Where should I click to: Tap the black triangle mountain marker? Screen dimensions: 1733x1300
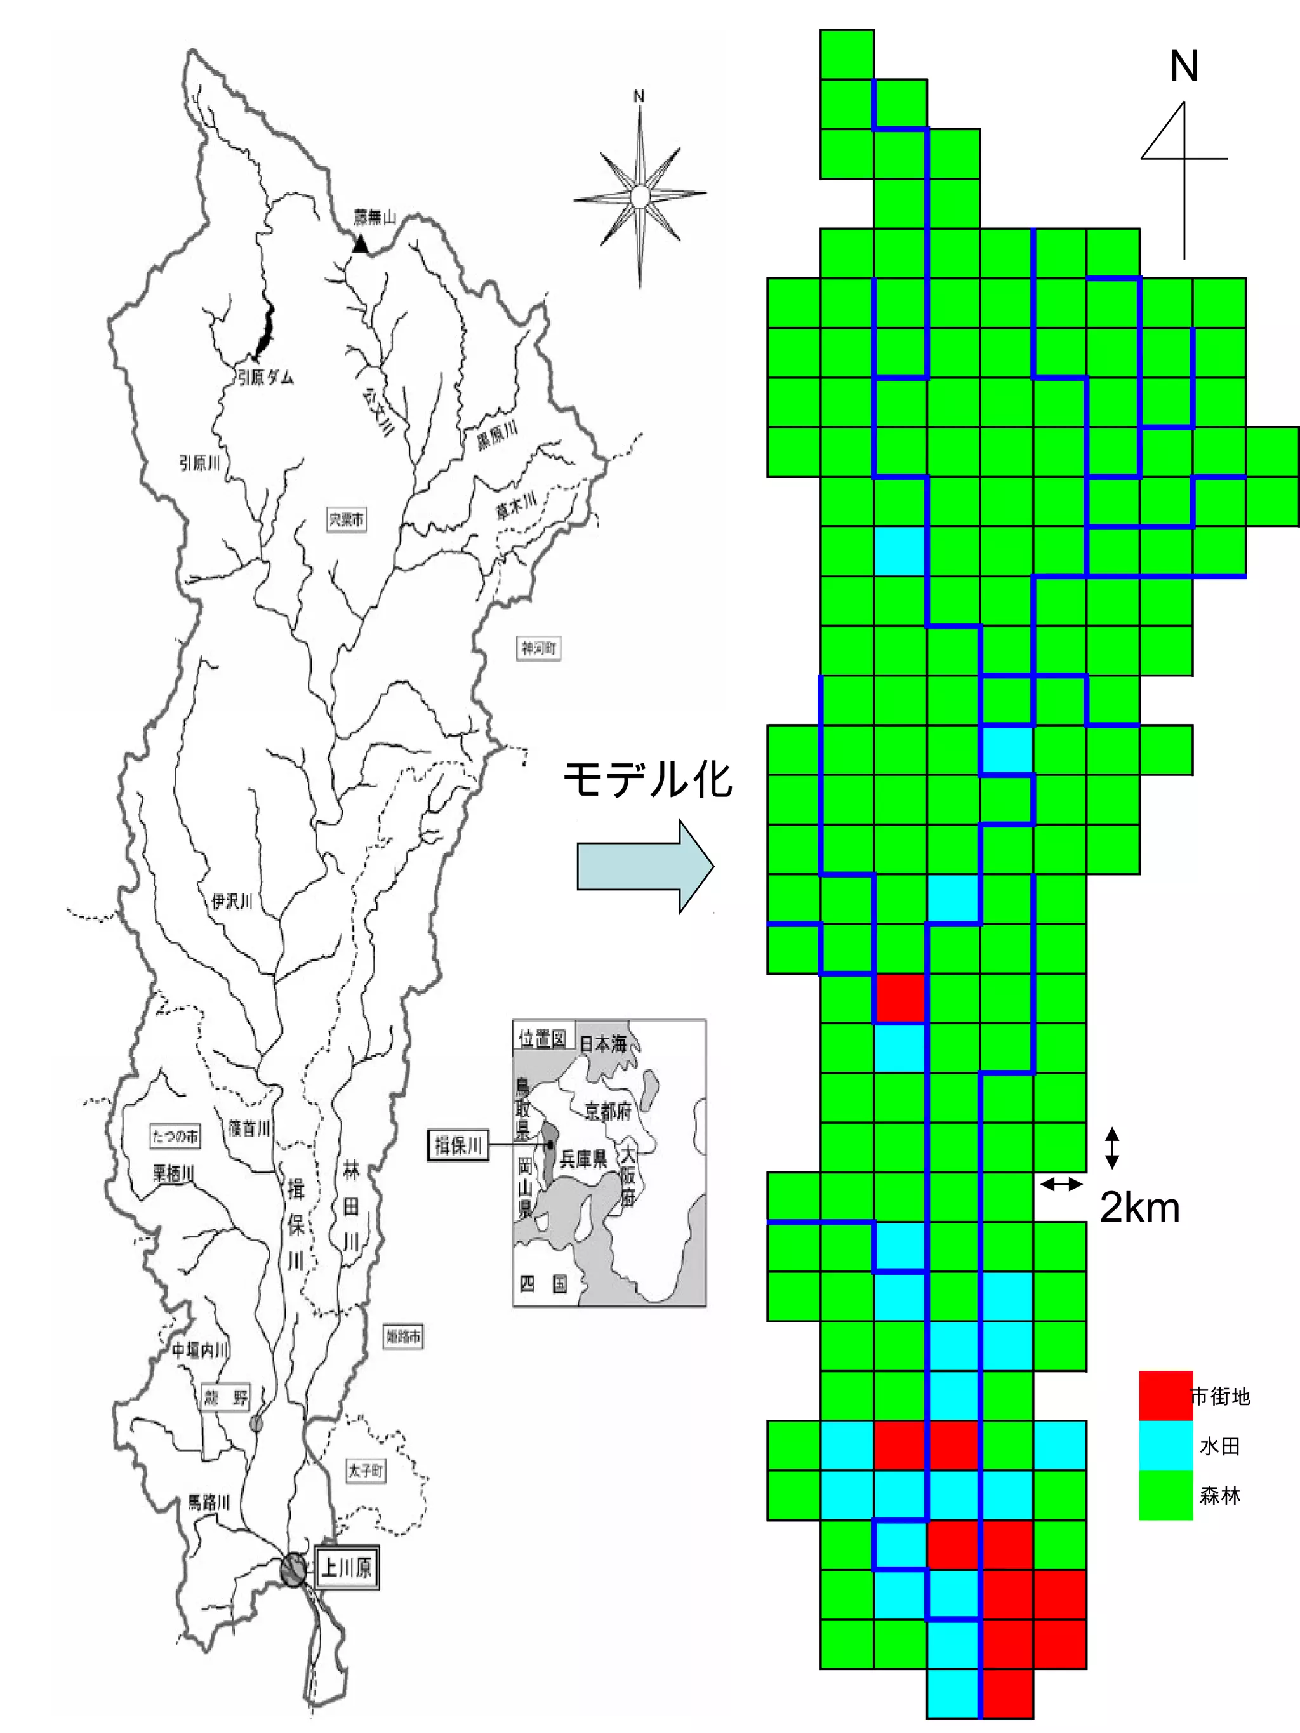pos(360,244)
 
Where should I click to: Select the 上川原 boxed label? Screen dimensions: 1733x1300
pos(347,1567)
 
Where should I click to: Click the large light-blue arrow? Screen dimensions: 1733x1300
pos(645,867)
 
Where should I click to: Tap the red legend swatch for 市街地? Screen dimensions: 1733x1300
pos(1165,1395)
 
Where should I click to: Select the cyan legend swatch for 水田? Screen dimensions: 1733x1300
pos(1165,1446)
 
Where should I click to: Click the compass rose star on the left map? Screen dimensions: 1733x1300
pos(639,196)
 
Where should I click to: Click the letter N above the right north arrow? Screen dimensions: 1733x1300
pos(1183,67)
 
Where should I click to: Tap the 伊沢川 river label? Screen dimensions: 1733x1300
pos(232,901)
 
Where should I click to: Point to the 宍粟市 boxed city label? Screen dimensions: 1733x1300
pos(345,520)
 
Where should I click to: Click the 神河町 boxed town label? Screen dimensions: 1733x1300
pos(538,648)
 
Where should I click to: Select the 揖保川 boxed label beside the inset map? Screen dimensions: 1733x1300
pos(458,1146)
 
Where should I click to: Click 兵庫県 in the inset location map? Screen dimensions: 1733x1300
pos(583,1159)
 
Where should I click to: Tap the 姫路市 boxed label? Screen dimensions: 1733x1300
pos(403,1336)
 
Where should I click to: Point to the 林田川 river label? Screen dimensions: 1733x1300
pos(351,1206)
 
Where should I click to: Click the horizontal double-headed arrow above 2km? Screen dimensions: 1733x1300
pos(1060,1185)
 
